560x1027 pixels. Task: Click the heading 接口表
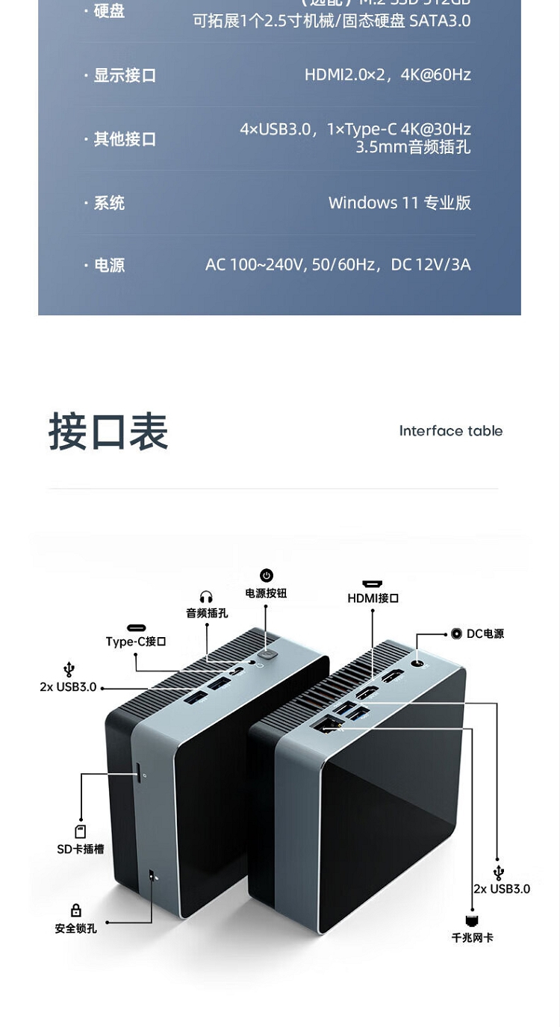(x=108, y=432)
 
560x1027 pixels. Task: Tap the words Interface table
(x=450, y=431)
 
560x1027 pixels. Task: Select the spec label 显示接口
(x=124, y=75)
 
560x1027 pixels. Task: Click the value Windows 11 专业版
(x=399, y=202)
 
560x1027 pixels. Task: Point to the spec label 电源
(x=109, y=265)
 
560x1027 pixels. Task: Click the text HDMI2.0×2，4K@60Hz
(x=388, y=75)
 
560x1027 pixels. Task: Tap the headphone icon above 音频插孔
(x=206, y=597)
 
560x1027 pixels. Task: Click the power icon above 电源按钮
(x=267, y=575)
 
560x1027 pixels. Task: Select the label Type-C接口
(x=135, y=642)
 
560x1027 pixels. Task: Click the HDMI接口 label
(x=373, y=598)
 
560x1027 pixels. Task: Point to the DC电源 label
(x=485, y=633)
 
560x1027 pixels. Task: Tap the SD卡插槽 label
(x=81, y=849)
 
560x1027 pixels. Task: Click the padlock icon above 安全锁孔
(x=75, y=910)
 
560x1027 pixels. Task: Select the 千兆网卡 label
(x=472, y=937)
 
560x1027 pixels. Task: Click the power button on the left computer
(x=266, y=654)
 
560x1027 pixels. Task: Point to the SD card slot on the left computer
(x=139, y=772)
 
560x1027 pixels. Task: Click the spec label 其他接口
(x=124, y=139)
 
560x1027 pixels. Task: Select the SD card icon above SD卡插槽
(x=81, y=831)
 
